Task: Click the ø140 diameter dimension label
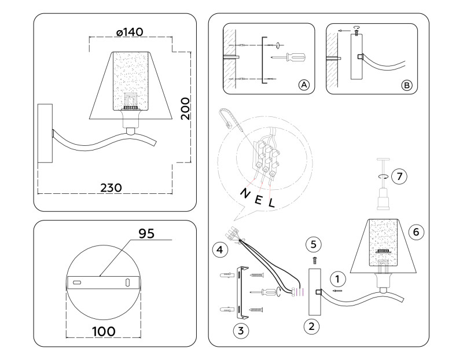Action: coord(130,32)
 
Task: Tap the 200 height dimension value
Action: coord(184,108)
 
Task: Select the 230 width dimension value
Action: coord(111,188)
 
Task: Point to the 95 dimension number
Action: coord(147,233)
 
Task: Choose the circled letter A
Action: coord(304,85)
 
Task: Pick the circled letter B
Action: coord(407,85)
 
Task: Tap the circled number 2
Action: coord(311,326)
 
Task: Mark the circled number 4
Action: coord(219,250)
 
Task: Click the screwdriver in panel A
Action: coord(290,57)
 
